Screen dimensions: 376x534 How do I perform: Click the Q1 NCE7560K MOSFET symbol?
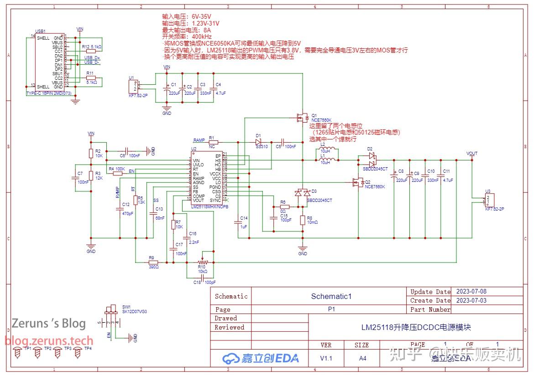point(301,118)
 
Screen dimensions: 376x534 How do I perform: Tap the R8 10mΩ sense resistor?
point(303,220)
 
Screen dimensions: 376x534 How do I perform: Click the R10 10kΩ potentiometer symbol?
point(202,262)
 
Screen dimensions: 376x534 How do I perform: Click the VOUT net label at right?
point(472,154)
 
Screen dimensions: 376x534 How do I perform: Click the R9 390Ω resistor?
point(153,262)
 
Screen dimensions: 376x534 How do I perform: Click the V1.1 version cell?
point(326,358)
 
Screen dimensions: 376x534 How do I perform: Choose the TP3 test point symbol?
point(58,352)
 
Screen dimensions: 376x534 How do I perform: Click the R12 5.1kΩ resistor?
point(91,51)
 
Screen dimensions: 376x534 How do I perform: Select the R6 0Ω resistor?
point(283,207)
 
